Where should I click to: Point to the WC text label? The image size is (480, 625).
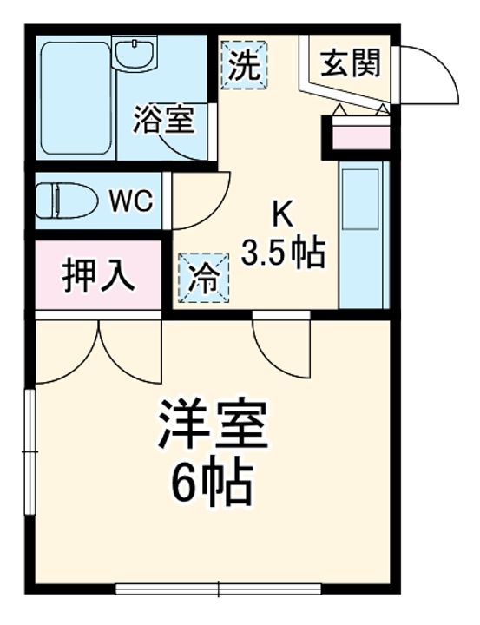[x=131, y=201]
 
